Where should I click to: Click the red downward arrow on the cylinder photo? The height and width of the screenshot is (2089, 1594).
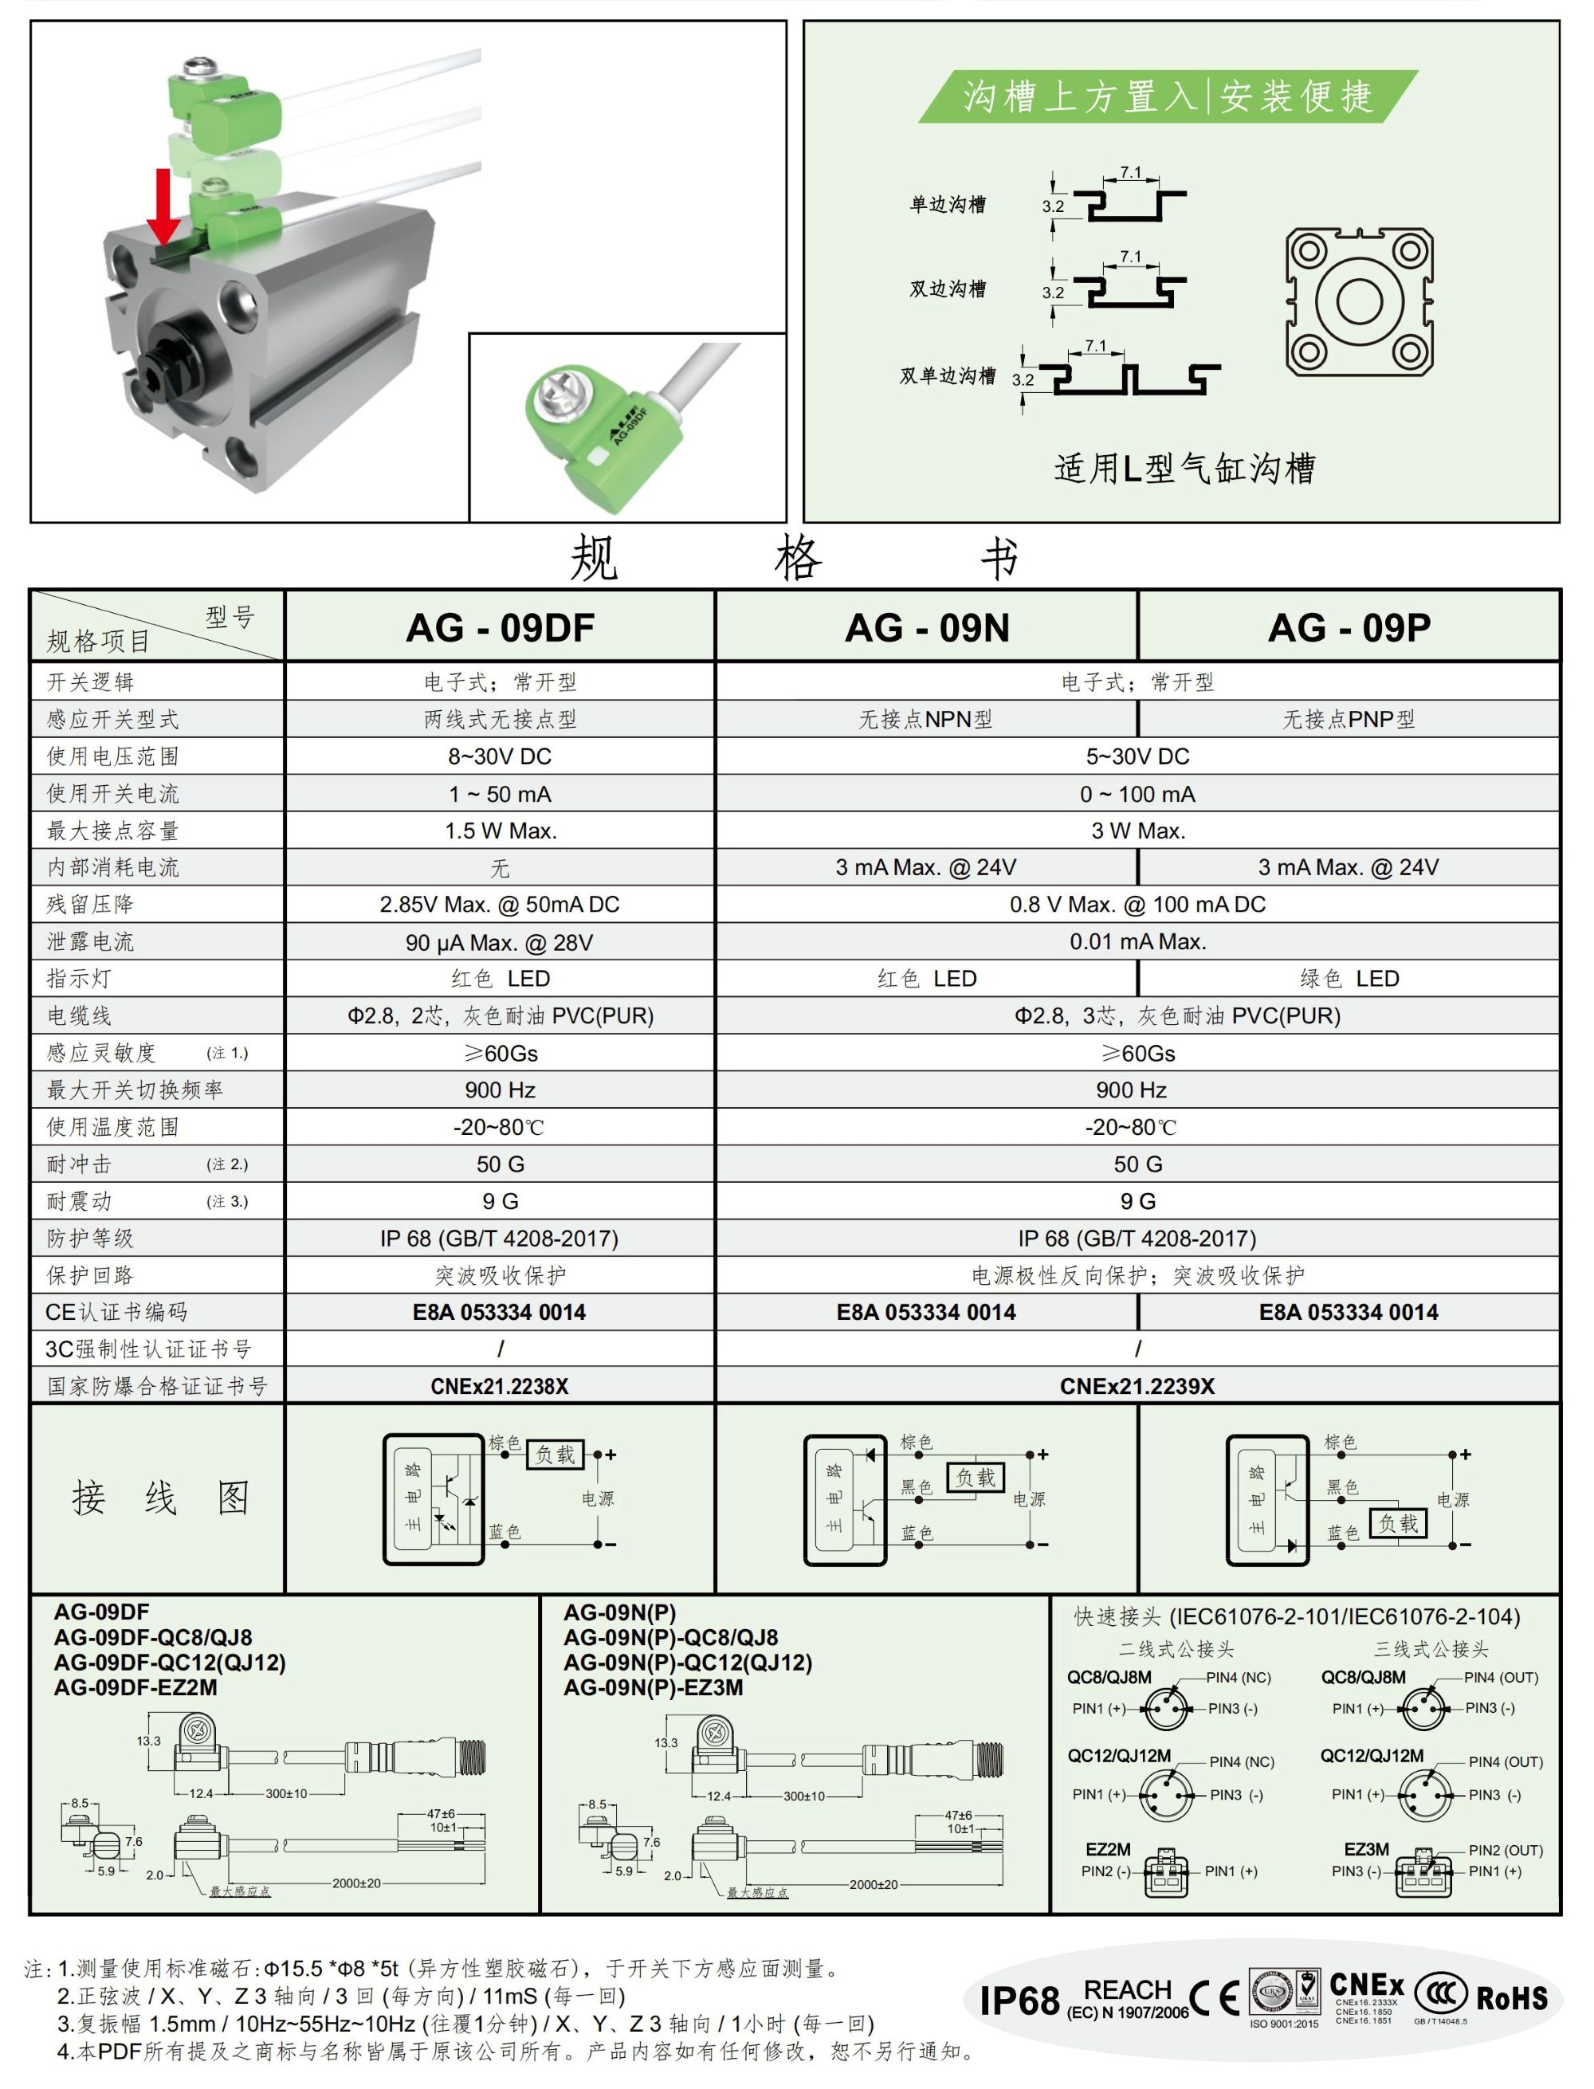[163, 206]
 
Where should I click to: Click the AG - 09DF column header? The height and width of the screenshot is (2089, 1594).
[500, 627]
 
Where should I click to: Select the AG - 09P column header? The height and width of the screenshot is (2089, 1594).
[1349, 627]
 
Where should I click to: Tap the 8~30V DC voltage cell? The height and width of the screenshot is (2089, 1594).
[500, 756]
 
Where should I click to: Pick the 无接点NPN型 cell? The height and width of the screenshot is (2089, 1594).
[926, 719]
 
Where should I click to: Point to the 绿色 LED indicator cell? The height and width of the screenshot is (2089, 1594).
[1349, 978]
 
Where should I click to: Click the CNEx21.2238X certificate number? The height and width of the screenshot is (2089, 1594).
[500, 1386]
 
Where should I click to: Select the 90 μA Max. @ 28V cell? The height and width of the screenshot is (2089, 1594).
[500, 942]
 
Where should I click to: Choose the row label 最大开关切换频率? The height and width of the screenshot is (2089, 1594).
[135, 1089]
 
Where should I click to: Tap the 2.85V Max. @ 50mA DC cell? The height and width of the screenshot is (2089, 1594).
[500, 904]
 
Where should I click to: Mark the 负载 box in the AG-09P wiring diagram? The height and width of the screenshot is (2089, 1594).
[1399, 1524]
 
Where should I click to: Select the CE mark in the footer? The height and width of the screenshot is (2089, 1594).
[1215, 1997]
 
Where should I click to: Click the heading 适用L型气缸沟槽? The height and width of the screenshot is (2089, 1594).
[1184, 468]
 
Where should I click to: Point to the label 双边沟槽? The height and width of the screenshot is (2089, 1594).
[948, 289]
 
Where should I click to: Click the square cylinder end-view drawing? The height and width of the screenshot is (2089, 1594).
[1360, 302]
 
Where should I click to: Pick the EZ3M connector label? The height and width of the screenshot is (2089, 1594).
[1366, 1849]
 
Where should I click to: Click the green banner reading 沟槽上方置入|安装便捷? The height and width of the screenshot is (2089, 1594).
[1168, 96]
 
